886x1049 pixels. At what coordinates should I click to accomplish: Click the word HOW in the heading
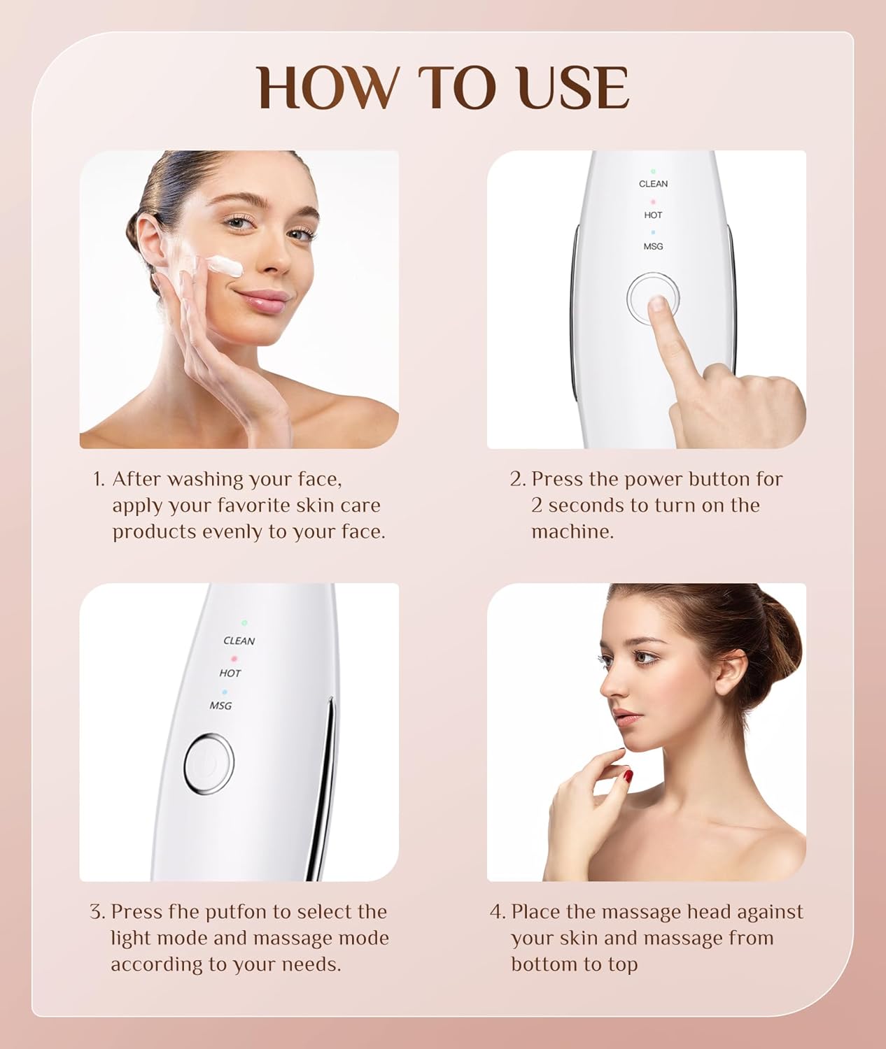[326, 88]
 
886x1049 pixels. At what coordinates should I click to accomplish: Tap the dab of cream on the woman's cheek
[225, 266]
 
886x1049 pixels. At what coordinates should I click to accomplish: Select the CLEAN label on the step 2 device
[653, 184]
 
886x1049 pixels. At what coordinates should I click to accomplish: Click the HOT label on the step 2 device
[653, 215]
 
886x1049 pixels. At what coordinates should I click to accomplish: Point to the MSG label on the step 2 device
[653, 247]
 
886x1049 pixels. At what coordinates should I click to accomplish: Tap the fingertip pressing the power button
[657, 304]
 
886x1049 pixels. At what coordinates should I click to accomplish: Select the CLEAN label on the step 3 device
[239, 641]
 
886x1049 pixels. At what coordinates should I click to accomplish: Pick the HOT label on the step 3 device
[230, 673]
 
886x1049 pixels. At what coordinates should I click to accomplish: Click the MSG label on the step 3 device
[220, 706]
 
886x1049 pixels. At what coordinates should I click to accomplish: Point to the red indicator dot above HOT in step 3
[234, 658]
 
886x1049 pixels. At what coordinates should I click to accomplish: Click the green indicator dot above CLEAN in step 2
[653, 171]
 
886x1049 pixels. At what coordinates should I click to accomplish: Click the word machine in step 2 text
[572, 531]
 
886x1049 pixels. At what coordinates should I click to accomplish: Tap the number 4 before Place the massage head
[496, 912]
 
